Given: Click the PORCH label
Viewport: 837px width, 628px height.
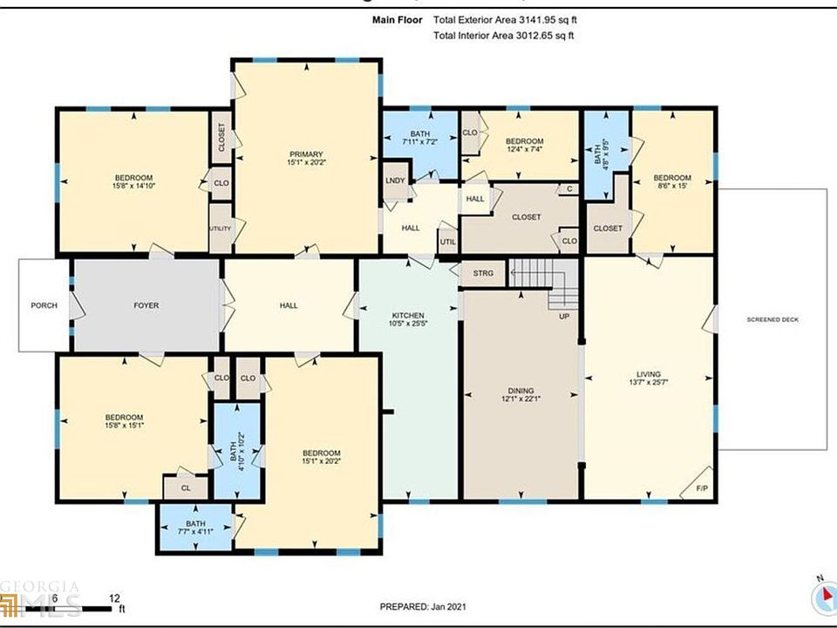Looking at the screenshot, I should click(x=44, y=305).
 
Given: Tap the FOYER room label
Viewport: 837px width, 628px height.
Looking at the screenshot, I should click(x=146, y=305).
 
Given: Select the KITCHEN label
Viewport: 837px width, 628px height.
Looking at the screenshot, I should click(x=407, y=315).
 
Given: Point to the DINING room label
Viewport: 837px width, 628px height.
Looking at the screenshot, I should click(x=521, y=391).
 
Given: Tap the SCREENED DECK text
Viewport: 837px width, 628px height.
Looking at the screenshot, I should click(x=772, y=319).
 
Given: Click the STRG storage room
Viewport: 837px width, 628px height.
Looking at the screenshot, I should click(x=483, y=274).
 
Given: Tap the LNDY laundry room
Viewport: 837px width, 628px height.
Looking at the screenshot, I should click(x=395, y=181).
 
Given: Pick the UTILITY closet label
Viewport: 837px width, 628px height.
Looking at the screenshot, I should click(x=220, y=229).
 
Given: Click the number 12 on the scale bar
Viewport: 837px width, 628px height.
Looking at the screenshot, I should click(x=114, y=598).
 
